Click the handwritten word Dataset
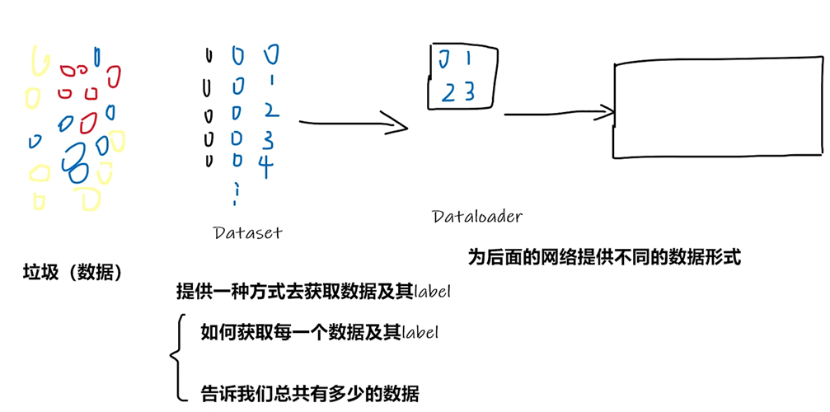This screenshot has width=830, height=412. pyautogui.click(x=247, y=232)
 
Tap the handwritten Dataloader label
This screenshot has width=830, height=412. pyautogui.click(x=477, y=217)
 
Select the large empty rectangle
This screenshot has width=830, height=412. pyautogui.click(x=719, y=109)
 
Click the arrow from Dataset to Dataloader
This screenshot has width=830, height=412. pyautogui.click(x=353, y=124)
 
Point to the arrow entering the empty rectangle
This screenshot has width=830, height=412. pyautogui.click(x=560, y=114)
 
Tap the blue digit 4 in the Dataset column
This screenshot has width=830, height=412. pyautogui.click(x=265, y=165)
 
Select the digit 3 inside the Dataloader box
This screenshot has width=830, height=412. pyautogui.click(x=470, y=91)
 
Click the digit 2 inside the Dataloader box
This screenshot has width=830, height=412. pyautogui.click(x=448, y=92)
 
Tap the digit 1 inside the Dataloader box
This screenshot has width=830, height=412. pyautogui.click(x=467, y=59)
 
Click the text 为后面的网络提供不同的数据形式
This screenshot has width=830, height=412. pyautogui.click(x=604, y=257)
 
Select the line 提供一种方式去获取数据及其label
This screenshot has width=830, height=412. pyautogui.click(x=314, y=292)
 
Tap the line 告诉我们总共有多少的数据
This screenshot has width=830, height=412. pyautogui.click(x=310, y=393)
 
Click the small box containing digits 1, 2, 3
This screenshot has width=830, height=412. pyautogui.click(x=462, y=76)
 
